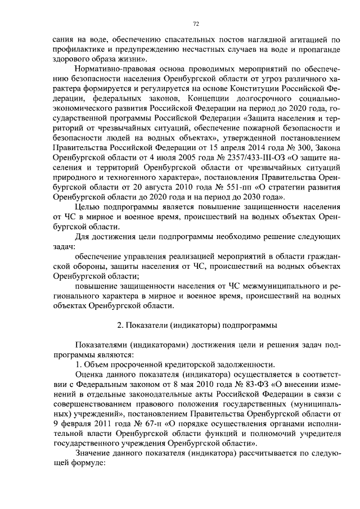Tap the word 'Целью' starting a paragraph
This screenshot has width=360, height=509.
87,208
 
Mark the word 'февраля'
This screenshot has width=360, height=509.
75,425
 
